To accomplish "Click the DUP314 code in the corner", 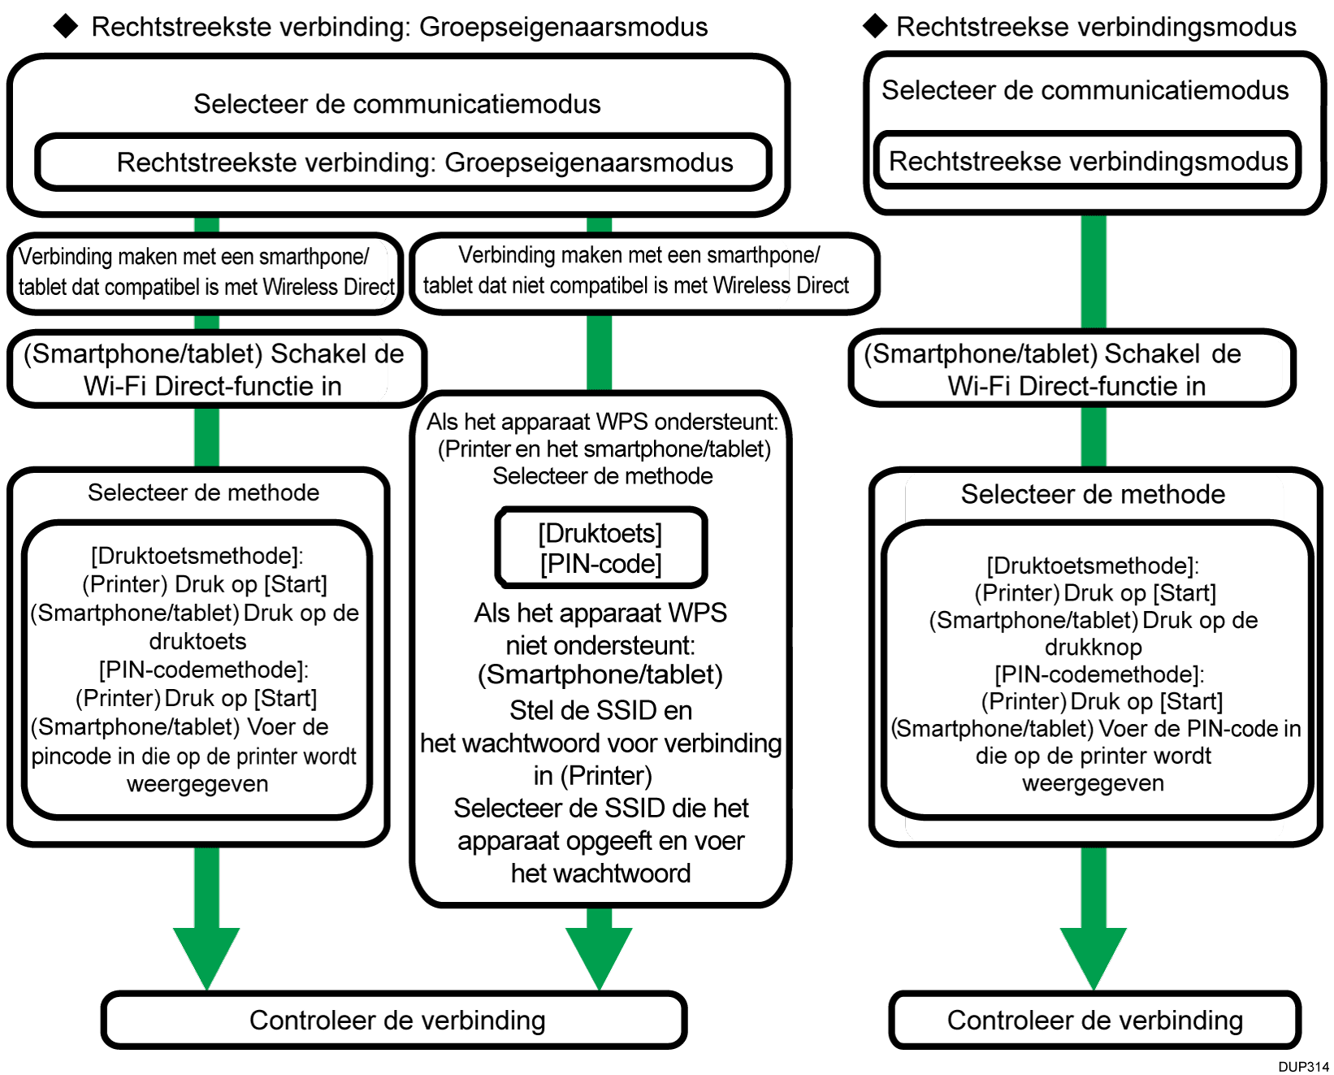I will [1303, 1066].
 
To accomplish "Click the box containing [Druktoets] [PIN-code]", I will [601, 548].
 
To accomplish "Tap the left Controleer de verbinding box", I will [395, 1020].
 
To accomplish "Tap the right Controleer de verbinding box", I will [1094, 1020].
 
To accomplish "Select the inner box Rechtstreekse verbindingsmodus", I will [1088, 161].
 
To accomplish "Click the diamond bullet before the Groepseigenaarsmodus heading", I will [66, 27].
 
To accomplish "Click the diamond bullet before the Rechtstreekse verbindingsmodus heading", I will [875, 27].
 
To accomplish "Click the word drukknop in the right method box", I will [1093, 648].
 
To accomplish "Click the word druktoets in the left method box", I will [197, 641].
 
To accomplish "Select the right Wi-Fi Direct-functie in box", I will [1071, 369].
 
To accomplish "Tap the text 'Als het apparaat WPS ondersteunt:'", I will [602, 422].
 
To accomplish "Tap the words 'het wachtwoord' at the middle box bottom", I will [600, 873].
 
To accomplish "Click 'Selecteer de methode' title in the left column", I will [203, 492].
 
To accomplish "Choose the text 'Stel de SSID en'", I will [600, 711].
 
